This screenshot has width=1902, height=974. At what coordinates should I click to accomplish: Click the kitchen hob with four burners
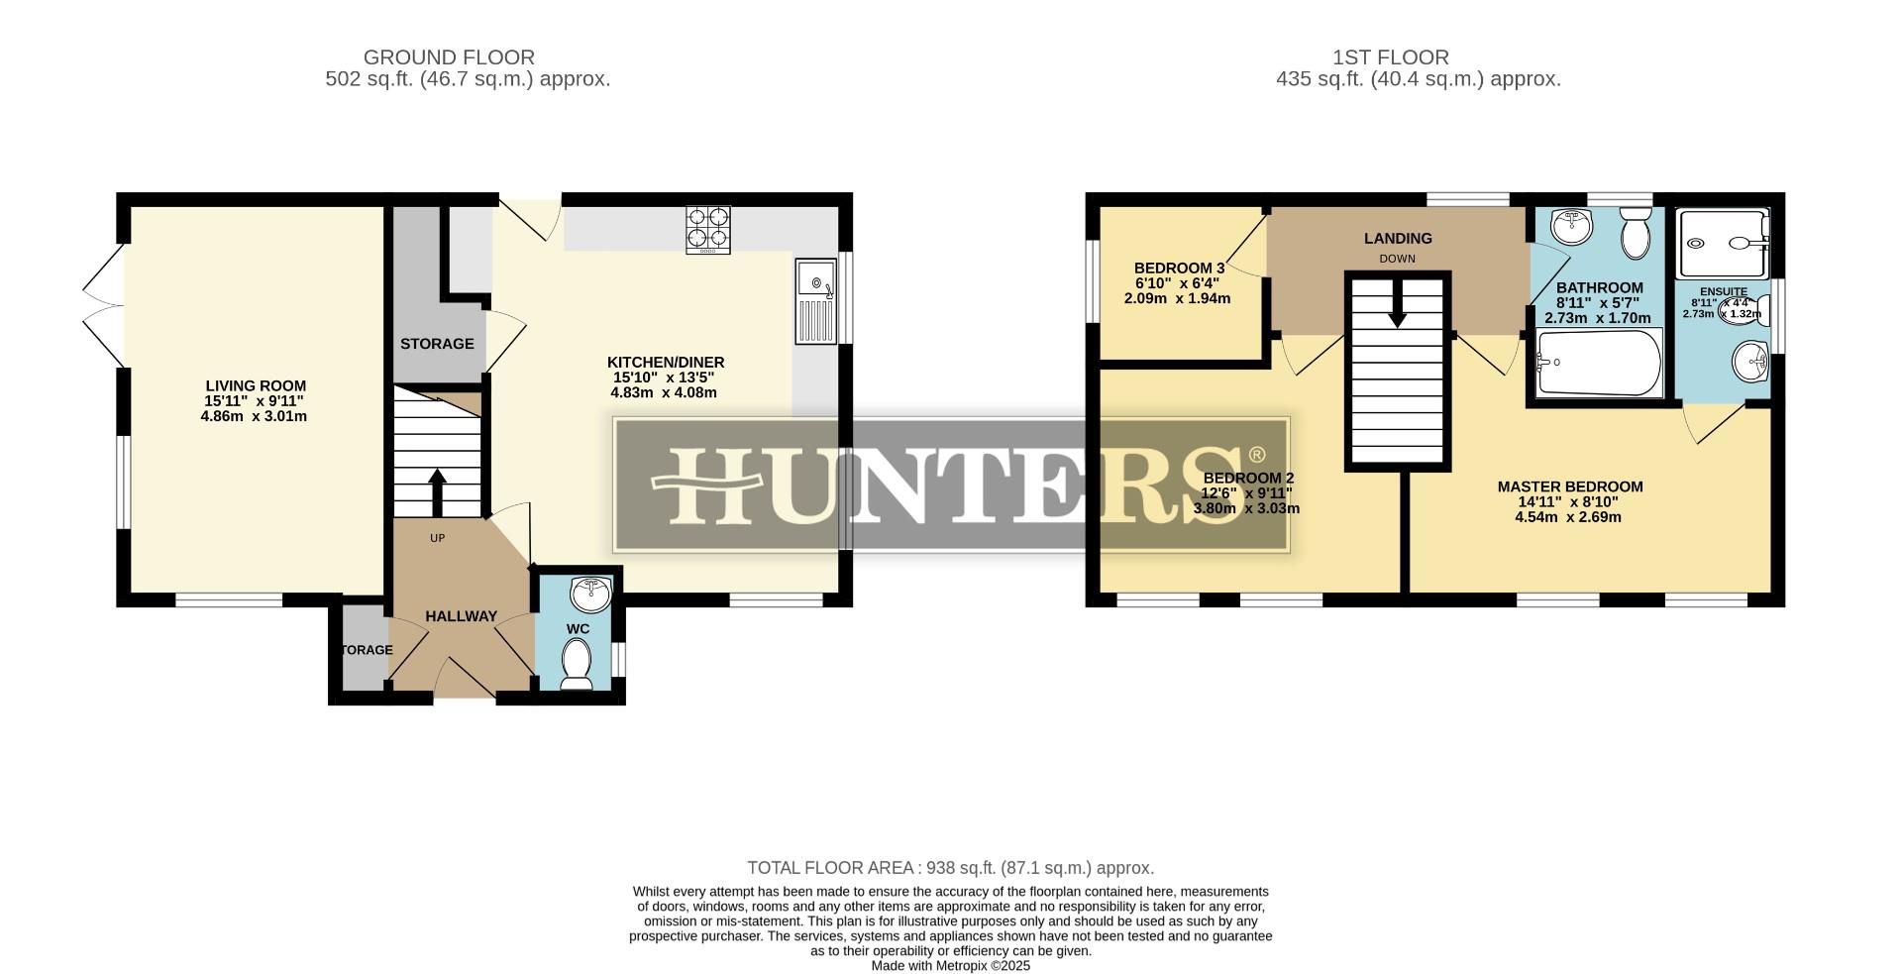click(x=708, y=229)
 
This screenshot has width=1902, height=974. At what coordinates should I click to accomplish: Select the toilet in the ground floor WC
click(x=576, y=663)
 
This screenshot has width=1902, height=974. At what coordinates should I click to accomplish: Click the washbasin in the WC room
click(x=591, y=595)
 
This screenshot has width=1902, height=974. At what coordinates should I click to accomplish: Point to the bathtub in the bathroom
click(x=1598, y=364)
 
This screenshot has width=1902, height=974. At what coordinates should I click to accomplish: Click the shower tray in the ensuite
click(x=1722, y=242)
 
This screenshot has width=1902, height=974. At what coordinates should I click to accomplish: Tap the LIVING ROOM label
click(x=256, y=385)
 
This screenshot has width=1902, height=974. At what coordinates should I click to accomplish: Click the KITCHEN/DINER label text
click(x=666, y=362)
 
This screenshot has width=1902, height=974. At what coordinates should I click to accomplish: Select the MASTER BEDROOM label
click(x=1569, y=487)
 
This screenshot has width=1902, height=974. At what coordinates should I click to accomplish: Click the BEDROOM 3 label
click(x=1179, y=268)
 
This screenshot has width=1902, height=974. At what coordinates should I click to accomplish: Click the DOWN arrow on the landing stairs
click(x=1397, y=303)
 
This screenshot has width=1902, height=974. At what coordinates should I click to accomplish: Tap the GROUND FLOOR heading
click(x=449, y=57)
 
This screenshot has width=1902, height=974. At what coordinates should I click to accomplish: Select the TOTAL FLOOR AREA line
click(x=950, y=868)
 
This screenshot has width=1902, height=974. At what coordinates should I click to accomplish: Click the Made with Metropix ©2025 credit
click(x=950, y=965)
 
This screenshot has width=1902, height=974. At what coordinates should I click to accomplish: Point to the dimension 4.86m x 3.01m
click(x=254, y=416)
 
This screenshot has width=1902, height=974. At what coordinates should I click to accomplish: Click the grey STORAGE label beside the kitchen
click(x=437, y=344)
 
